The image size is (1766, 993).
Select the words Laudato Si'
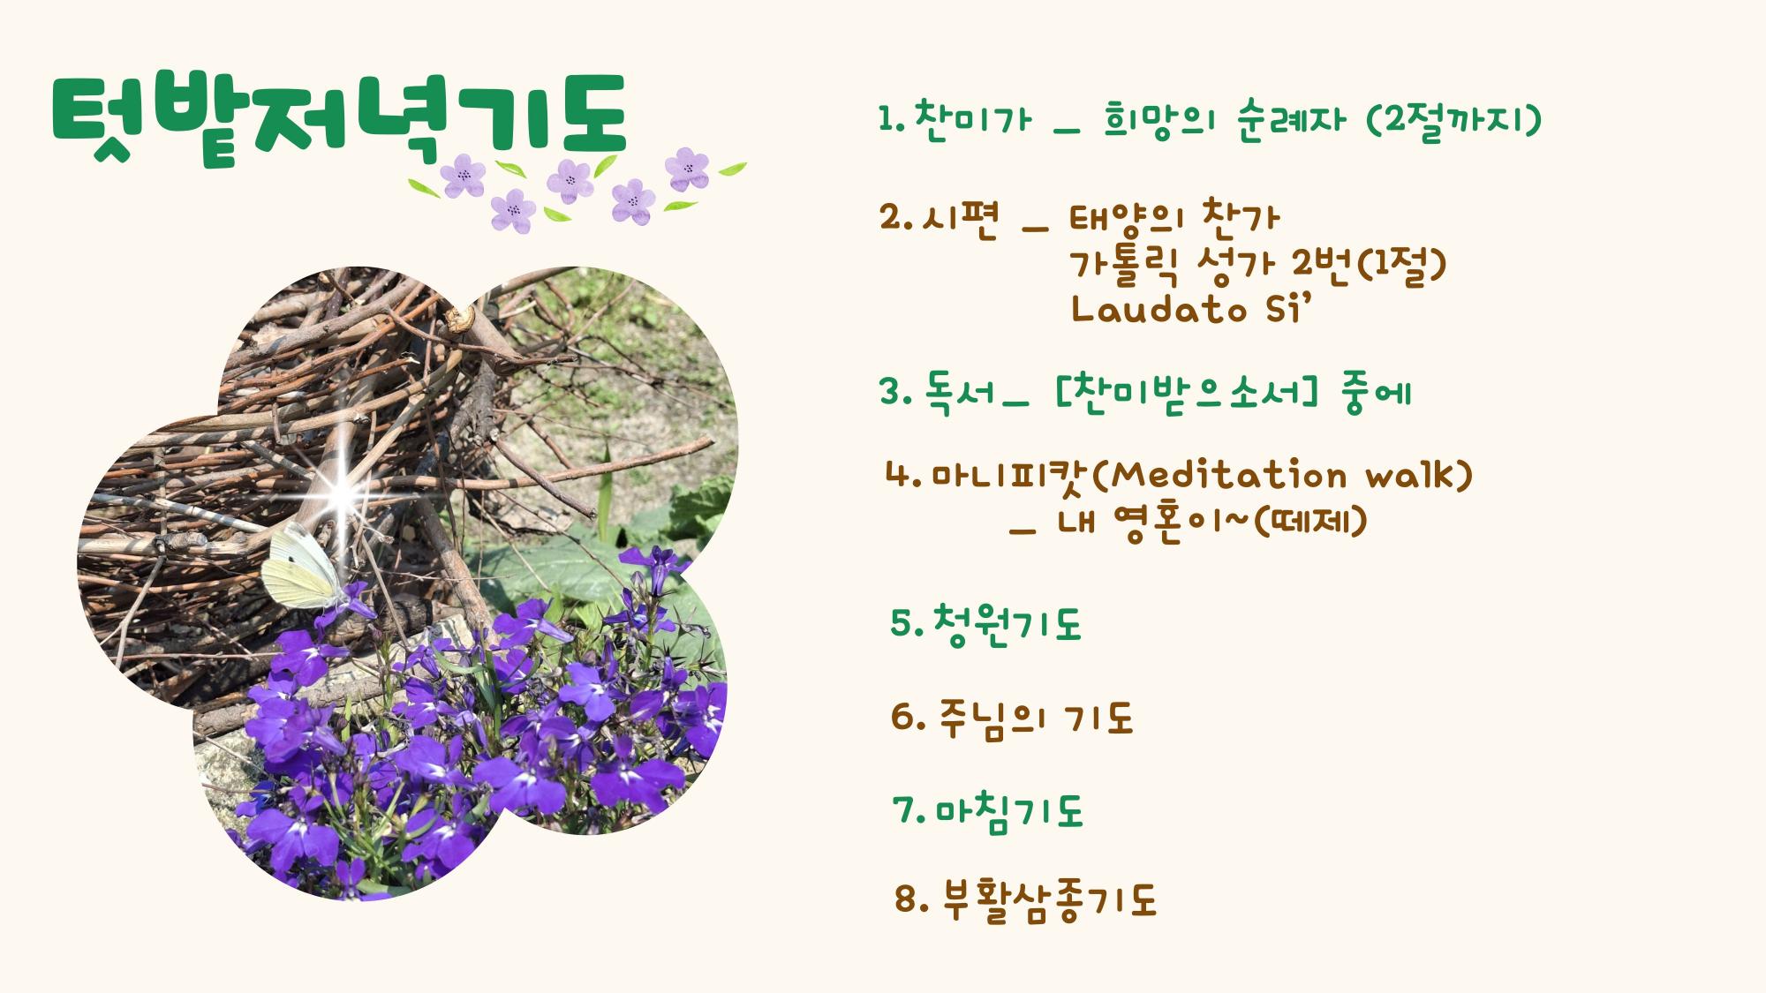(1186, 309)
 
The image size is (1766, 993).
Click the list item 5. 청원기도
(985, 624)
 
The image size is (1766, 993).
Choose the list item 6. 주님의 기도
(1011, 718)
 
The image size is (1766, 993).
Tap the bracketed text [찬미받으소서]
(1187, 392)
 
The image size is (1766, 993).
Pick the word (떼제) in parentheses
(1309, 522)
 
